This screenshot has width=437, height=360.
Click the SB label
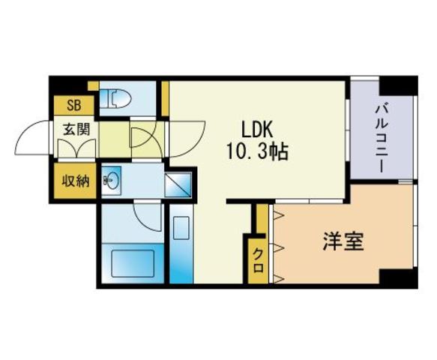(x=74, y=106)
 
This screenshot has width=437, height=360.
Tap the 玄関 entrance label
(x=76, y=129)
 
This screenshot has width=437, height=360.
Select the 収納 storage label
(x=76, y=181)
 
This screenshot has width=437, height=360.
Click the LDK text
(x=256, y=130)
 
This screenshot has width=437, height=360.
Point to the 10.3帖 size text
(x=258, y=152)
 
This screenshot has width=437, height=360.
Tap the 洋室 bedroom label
(x=343, y=241)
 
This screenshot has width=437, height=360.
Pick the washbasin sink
(x=112, y=181)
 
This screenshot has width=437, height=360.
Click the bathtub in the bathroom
(x=133, y=264)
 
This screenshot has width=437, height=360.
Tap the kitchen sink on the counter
(x=181, y=228)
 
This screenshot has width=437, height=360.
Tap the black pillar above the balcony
(x=399, y=85)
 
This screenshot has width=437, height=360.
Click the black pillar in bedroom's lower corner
(x=399, y=278)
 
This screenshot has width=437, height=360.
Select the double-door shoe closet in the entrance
(x=76, y=148)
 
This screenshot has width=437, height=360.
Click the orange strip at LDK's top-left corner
(x=165, y=98)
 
